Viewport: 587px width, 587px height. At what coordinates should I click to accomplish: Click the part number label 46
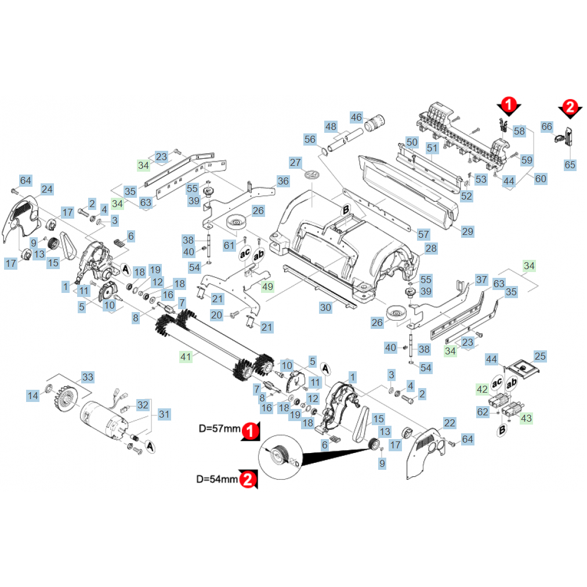[x=356, y=118]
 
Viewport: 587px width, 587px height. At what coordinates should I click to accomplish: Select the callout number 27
[x=295, y=162]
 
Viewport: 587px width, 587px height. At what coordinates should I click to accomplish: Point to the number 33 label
[x=87, y=378]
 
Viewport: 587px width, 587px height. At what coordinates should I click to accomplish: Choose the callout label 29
[x=468, y=231]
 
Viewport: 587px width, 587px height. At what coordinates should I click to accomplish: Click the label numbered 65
[x=570, y=165]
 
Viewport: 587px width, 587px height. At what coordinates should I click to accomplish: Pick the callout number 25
[x=540, y=356]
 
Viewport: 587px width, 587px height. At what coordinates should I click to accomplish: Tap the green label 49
[x=267, y=286]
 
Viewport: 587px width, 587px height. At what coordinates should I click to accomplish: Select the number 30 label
[x=326, y=307]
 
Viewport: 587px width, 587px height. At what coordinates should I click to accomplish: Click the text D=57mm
[x=219, y=429]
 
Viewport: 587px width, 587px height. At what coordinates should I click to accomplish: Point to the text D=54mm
[x=217, y=479]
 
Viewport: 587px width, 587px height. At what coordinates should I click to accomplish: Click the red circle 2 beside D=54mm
[x=248, y=479]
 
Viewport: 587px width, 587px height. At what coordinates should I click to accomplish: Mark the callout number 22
[x=450, y=423]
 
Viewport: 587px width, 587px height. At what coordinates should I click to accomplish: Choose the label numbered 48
[x=331, y=126]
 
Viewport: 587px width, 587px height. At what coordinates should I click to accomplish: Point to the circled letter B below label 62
[x=502, y=430]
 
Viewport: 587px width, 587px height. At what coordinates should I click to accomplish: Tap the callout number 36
[x=282, y=181]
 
